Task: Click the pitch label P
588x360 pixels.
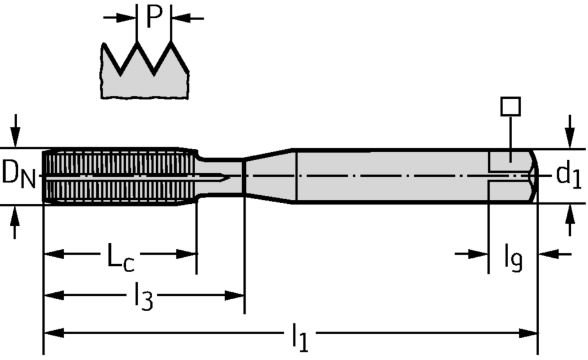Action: coord(154,17)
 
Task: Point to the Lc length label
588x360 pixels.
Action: coord(121,256)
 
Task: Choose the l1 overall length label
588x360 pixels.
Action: coord(299,338)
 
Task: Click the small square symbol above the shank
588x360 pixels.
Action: coord(510,107)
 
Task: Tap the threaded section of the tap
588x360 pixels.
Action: coord(115,175)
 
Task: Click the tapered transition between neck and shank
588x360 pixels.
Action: coord(270,175)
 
